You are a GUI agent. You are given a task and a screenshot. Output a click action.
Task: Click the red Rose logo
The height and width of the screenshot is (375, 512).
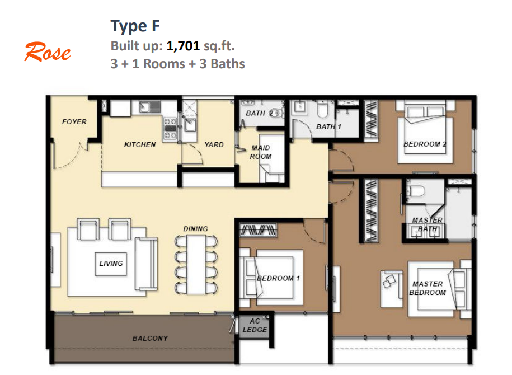pos(48,51)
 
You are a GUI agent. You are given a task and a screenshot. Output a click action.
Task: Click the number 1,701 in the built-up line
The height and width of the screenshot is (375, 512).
pos(183,46)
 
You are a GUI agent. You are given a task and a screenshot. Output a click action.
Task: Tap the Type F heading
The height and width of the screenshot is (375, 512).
pos(135,26)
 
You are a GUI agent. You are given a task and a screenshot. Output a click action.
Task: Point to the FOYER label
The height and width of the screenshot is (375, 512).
pos(74,122)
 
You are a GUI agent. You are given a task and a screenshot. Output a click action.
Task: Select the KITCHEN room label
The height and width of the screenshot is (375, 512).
pos(140,145)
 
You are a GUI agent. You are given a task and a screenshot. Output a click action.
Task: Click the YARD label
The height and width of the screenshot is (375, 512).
pos(214,145)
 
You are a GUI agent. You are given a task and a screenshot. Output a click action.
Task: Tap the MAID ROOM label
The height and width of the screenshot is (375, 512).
pos(261,152)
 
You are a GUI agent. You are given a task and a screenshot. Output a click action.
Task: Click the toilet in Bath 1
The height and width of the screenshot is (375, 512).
pos(322,109)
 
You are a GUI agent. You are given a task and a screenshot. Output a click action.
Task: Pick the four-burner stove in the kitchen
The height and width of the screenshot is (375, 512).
pos(170,128)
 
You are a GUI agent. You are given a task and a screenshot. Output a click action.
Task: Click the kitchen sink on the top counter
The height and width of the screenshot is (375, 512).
pos(150,107)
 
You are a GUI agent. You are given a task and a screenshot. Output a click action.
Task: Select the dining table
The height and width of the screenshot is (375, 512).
pos(196,265)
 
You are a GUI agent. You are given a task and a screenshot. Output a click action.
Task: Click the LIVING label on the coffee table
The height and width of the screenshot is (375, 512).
pos(111,264)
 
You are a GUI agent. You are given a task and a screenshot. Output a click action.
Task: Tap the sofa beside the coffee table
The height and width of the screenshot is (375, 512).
pos(146,264)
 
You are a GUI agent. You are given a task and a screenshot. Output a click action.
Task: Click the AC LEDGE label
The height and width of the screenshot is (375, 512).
pos(255,325)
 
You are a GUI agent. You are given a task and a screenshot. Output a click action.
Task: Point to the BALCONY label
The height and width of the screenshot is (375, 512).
pos(150,339)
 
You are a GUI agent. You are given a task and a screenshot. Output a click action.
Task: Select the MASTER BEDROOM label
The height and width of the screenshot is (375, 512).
pos(428,288)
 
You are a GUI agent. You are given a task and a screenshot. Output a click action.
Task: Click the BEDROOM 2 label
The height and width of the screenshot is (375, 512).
pos(425,144)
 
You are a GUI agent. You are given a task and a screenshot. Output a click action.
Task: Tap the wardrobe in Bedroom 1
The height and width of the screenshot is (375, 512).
pos(258,229)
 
